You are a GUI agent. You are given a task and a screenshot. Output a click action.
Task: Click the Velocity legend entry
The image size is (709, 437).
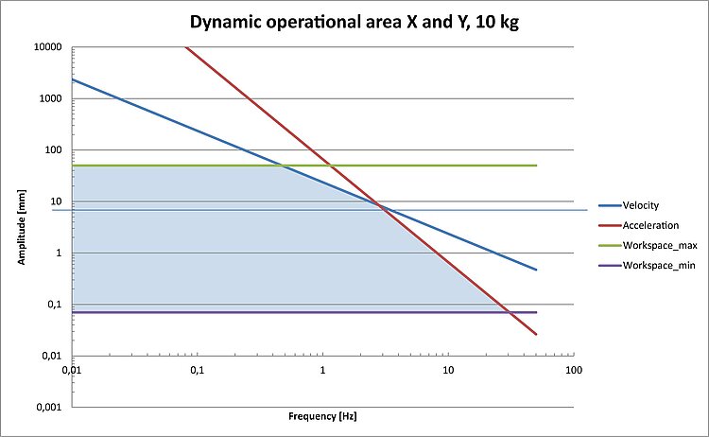640,205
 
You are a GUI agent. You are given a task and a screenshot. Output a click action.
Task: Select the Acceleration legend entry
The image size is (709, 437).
648,224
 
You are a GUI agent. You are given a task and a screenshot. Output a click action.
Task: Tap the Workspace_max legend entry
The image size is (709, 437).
655,244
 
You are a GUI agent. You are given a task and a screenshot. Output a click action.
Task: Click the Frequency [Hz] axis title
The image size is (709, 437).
322,415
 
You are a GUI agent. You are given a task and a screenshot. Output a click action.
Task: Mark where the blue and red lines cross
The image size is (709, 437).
379,205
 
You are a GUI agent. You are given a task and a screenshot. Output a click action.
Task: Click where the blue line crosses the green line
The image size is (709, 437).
284,166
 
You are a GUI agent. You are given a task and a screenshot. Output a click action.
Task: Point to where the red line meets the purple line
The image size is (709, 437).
509,312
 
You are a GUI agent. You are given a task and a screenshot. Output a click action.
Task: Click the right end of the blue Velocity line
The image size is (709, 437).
536,270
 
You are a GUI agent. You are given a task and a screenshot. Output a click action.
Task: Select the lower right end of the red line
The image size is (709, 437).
536,334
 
